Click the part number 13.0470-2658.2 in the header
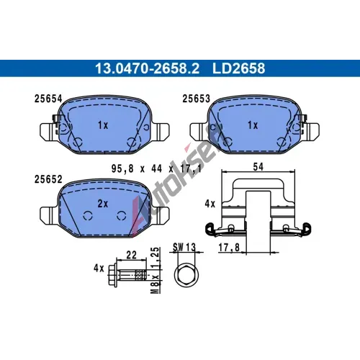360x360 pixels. [148, 68]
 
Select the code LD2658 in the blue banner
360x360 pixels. [239, 68]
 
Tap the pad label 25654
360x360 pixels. [48, 99]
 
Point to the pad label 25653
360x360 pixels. [196, 99]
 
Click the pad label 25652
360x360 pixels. [48, 179]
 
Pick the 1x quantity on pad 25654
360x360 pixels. [103, 125]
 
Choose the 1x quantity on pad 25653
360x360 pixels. [253, 125]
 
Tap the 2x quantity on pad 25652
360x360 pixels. [103, 204]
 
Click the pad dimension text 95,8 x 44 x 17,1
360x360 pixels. [156, 168]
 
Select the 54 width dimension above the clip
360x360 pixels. [258, 166]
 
